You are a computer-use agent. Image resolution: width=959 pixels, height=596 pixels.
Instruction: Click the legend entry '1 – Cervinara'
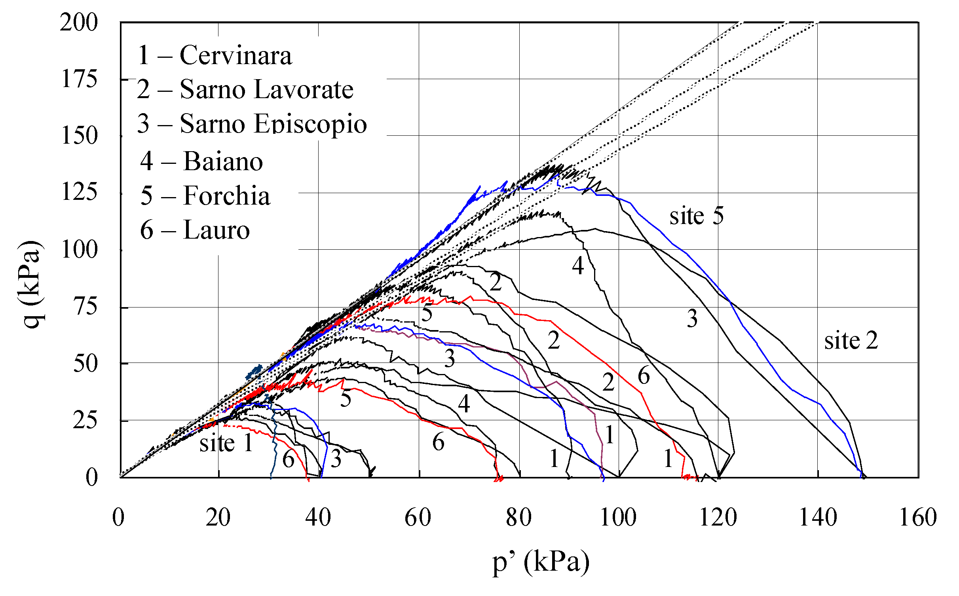click(x=214, y=55)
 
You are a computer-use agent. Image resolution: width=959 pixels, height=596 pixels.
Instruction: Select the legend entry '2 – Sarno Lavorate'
click(x=245, y=89)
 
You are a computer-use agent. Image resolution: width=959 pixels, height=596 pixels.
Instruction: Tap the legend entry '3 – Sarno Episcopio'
click(x=252, y=124)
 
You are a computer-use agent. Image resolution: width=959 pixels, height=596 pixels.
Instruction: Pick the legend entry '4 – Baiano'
click(x=201, y=161)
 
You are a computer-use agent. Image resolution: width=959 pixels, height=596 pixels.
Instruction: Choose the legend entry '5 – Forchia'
click(x=205, y=196)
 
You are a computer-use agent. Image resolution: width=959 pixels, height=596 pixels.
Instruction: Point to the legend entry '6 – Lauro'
click(x=195, y=230)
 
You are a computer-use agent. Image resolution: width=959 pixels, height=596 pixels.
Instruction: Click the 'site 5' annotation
click(x=696, y=216)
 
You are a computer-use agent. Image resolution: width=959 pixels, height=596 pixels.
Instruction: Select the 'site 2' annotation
click(x=851, y=341)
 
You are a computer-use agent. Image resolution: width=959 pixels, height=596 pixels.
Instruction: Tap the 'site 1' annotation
click(x=226, y=443)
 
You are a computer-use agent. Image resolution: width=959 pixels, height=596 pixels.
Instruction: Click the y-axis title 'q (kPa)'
click(x=31, y=284)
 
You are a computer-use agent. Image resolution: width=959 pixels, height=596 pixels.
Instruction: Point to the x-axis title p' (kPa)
click(x=541, y=562)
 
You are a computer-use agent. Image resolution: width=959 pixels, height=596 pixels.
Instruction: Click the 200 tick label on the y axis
click(x=79, y=23)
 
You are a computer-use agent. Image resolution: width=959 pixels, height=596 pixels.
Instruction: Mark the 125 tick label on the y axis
click(x=79, y=193)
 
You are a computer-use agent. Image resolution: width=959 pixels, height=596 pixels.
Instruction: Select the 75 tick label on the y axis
click(x=85, y=307)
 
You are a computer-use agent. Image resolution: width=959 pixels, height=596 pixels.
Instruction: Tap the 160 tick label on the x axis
click(x=918, y=518)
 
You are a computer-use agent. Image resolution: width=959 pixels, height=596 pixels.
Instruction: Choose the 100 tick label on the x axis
click(x=618, y=518)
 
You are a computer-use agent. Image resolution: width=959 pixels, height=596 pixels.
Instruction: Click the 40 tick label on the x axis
click(x=318, y=518)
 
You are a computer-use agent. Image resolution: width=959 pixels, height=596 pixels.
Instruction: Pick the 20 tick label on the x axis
click(x=218, y=518)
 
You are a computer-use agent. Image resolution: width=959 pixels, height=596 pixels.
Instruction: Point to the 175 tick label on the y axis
click(x=79, y=79)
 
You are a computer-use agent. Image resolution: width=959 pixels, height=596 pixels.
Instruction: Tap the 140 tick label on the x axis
click(x=818, y=518)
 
